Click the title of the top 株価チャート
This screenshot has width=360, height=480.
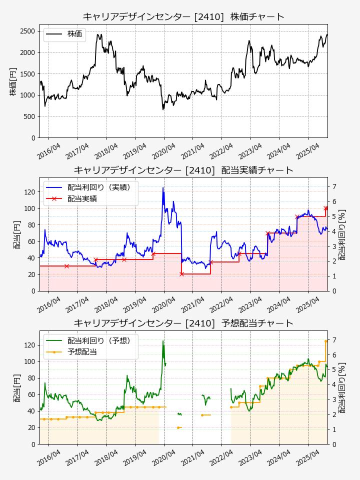pos(183,16)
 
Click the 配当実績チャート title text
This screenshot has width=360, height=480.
pos(183,170)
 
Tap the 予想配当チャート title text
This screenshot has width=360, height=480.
pos(183,323)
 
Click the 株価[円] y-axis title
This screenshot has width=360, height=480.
pos(13,81)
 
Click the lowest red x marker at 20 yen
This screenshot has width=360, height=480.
pos(181,274)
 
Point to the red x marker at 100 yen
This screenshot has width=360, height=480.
pos(326,208)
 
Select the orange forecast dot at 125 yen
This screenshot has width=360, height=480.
pos(326,341)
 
